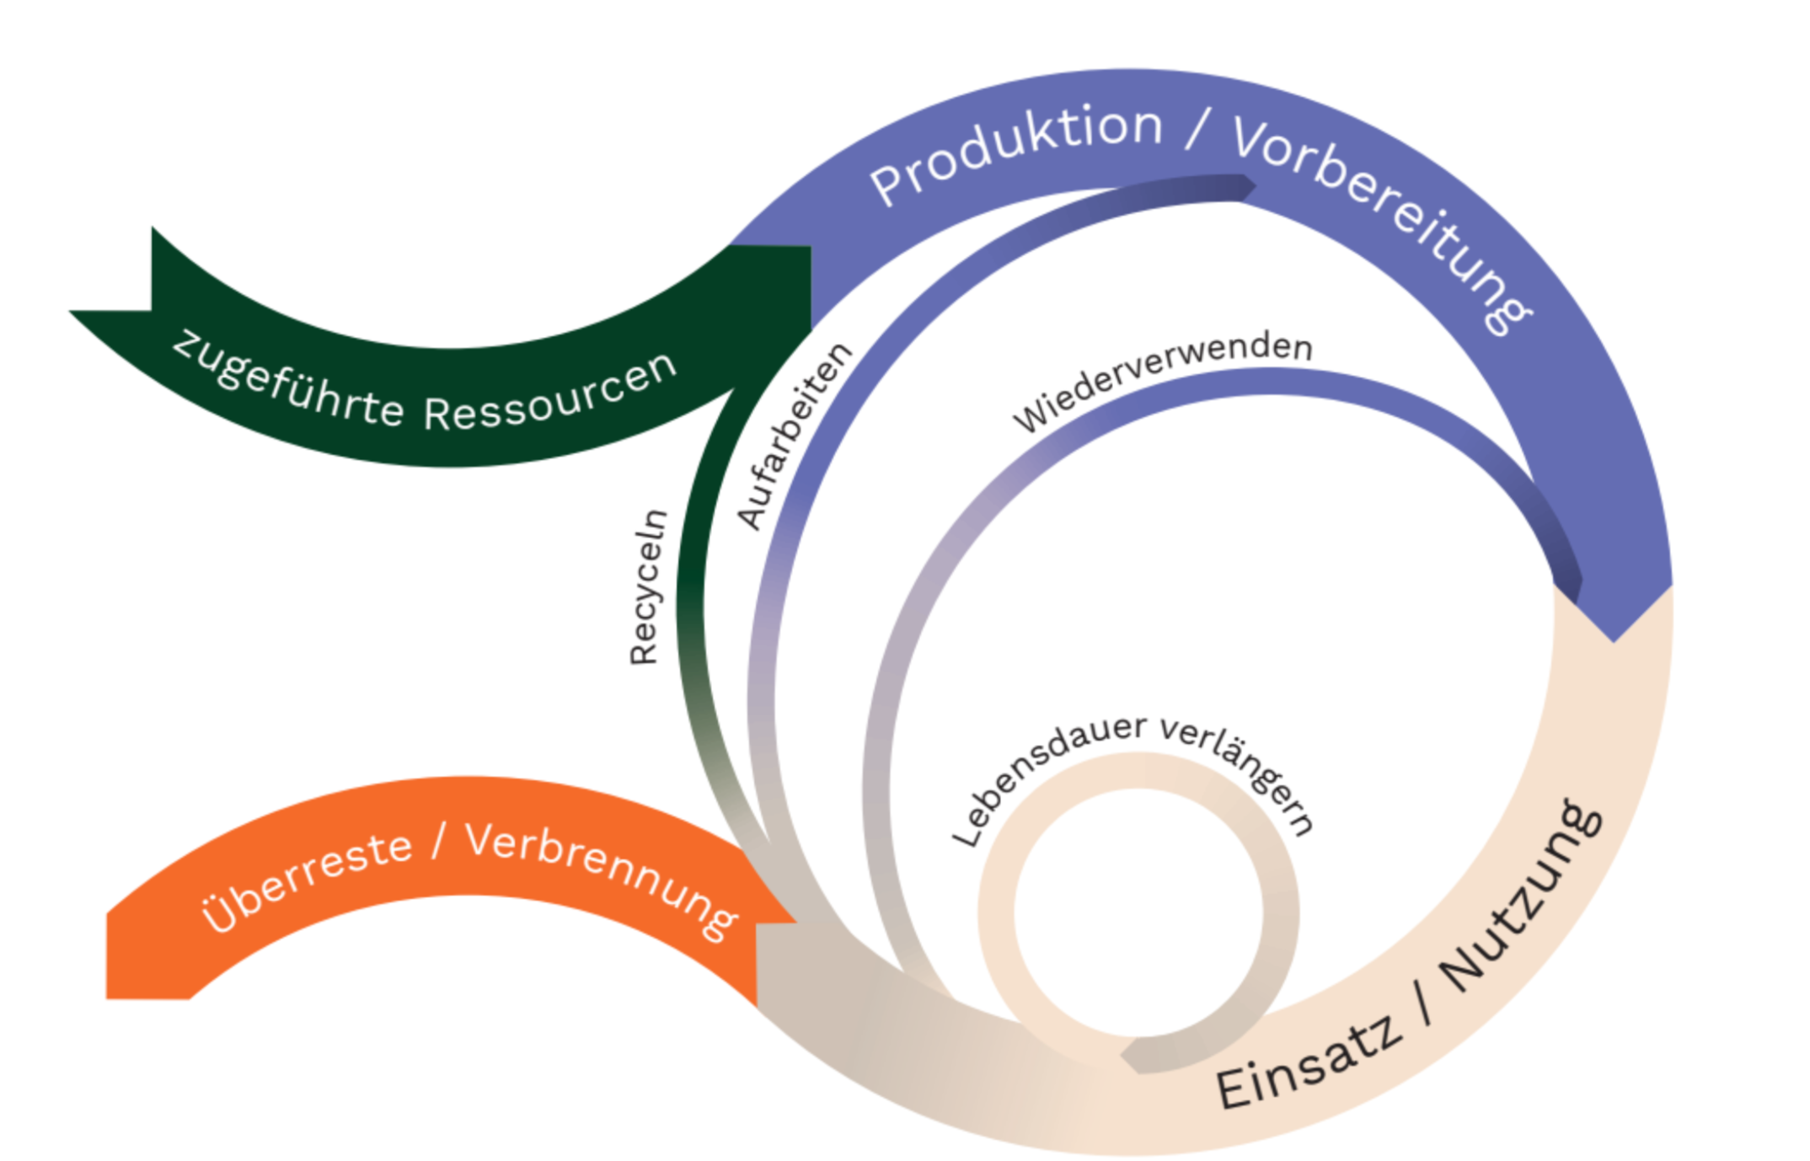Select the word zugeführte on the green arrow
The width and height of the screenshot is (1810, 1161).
[x=286, y=379]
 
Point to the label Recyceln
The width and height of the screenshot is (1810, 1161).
[x=648, y=587]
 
